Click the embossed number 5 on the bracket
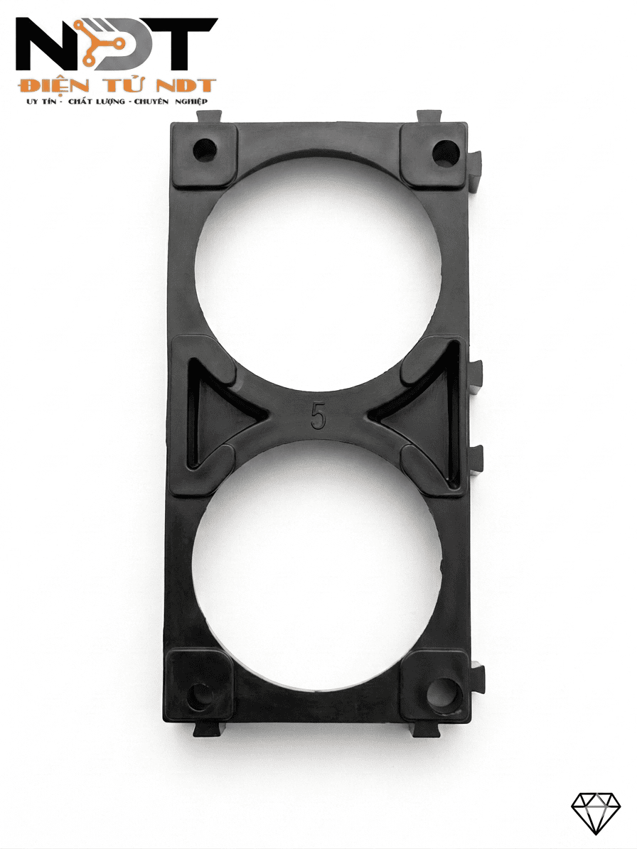[x=318, y=416]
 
